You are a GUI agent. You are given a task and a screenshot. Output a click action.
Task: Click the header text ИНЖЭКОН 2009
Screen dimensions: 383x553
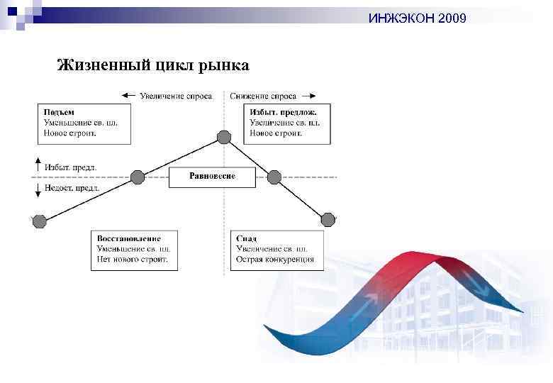417,18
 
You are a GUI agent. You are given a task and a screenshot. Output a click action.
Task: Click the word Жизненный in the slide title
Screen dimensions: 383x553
103,66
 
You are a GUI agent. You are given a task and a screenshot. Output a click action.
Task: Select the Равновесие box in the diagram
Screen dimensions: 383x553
212,176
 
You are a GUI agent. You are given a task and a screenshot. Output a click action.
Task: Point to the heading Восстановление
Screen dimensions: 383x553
128,238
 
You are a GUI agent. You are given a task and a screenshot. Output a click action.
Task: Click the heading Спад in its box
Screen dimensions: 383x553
247,238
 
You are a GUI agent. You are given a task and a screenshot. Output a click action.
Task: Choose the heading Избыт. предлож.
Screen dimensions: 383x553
283,112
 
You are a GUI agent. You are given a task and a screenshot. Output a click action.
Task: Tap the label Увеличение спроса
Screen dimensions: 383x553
175,96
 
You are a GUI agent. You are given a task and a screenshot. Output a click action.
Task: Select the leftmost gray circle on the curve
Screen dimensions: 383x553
39,221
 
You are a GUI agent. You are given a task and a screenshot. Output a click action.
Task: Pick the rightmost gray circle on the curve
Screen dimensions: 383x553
328,220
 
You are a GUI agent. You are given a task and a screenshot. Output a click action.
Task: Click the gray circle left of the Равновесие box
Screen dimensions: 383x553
138,177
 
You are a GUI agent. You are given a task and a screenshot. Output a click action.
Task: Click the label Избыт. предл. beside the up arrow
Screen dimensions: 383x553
71,167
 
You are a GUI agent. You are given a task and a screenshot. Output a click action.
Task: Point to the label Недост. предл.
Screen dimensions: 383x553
72,188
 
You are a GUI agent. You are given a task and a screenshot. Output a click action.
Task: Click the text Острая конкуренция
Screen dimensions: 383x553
275,260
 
